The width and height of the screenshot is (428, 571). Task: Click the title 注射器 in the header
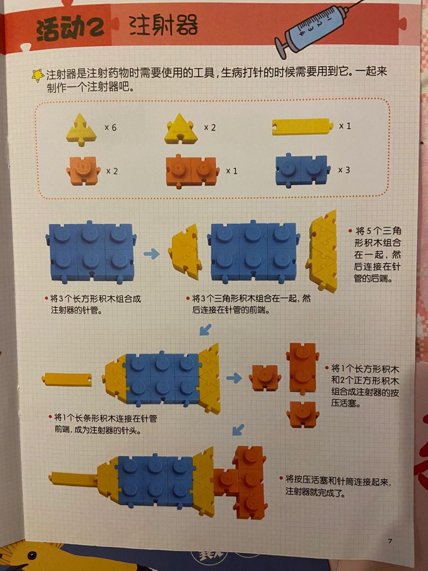coord(163,25)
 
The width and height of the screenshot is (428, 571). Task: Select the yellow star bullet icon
coord(38,75)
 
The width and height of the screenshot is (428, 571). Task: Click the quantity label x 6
coord(111,128)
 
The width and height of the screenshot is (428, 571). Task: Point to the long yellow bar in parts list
coord(302,126)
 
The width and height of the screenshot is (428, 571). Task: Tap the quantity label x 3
coord(344,170)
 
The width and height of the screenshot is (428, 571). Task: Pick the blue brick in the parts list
coord(302,170)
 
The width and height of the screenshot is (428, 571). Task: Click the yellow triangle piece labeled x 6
coord(82,128)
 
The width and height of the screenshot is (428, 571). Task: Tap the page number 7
coord(390,541)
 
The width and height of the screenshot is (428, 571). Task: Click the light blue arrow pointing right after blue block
coord(152,254)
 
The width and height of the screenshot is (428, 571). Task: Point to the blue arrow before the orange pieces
coord(233,378)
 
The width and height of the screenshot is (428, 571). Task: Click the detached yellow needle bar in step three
coord(67,380)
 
